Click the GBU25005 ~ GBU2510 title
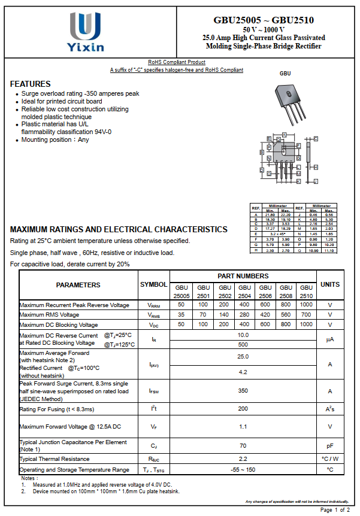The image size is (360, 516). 264,20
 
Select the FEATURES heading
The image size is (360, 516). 31,84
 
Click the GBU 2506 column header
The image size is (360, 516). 265,292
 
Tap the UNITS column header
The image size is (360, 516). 329,285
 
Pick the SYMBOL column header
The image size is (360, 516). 154,285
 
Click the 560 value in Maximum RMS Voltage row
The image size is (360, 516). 286,315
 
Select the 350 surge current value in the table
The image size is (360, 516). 243,391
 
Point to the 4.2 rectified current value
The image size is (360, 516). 243,372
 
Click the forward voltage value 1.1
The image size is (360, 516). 243,427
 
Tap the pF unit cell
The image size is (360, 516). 329,446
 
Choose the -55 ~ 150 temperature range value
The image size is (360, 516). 243,470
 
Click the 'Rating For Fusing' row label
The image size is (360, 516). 57,409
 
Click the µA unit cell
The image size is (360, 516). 329,339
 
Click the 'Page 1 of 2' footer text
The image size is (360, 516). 335,510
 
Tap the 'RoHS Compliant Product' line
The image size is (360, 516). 177,62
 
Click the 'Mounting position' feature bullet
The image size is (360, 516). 55,139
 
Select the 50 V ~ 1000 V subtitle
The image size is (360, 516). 264,29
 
